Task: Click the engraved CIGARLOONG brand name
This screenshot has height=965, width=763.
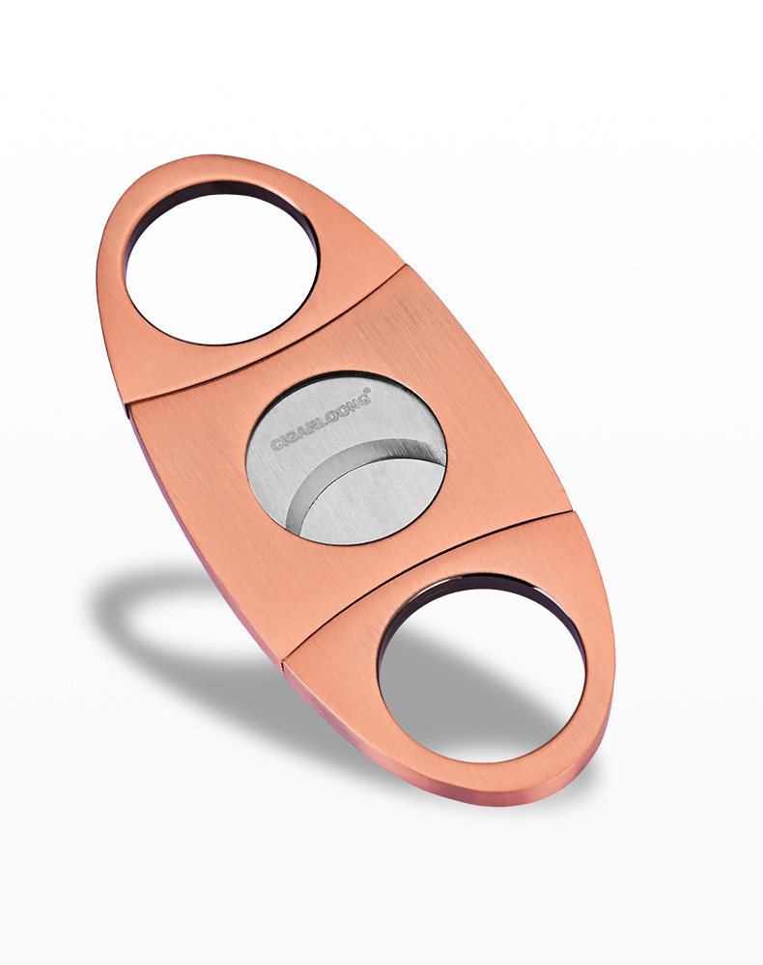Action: [x=321, y=419]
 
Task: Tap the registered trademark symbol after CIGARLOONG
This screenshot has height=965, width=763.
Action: [x=368, y=390]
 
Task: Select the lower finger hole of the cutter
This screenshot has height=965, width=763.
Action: [x=481, y=669]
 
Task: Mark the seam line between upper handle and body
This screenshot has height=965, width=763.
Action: [x=265, y=336]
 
